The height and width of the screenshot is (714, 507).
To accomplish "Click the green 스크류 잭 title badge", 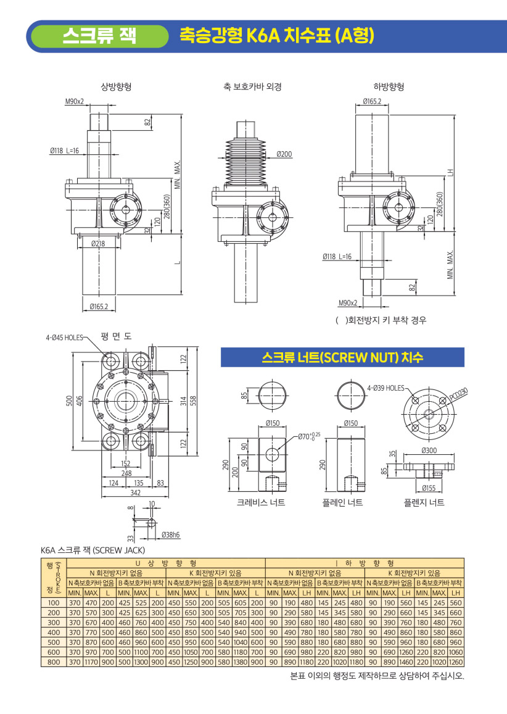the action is coord(99,36).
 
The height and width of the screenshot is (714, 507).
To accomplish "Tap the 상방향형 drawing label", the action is coord(116,86).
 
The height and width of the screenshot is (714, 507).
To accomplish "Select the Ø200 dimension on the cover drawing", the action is coord(284,154).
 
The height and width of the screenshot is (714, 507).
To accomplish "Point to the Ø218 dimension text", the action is coord(98,244).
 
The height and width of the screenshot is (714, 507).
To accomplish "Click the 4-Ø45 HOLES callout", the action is coord(64,338).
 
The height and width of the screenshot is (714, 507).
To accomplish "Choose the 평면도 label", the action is coord(116,336).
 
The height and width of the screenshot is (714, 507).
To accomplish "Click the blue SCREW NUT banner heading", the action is coord(342,357).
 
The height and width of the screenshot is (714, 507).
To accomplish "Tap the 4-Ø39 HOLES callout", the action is coord(386,388).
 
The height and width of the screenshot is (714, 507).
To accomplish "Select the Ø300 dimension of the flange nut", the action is coord(429,450).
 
